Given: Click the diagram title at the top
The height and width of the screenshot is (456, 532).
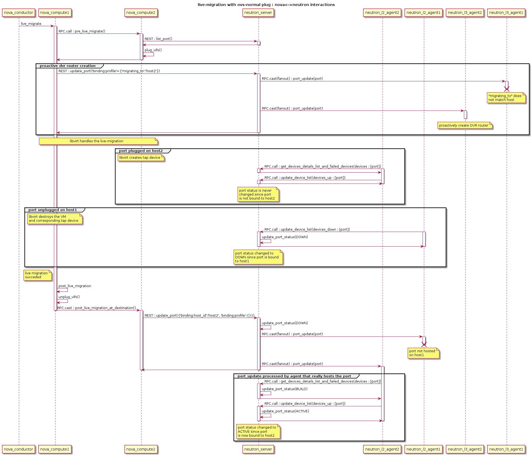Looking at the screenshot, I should click(x=266, y=5).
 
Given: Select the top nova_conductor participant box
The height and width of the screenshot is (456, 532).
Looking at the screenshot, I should click(x=19, y=13).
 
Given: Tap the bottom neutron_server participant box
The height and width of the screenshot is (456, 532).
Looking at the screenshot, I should click(x=258, y=449).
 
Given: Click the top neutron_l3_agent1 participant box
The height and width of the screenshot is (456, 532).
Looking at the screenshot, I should click(x=506, y=13).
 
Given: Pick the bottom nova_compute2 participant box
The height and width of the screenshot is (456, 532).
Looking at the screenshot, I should click(x=141, y=449).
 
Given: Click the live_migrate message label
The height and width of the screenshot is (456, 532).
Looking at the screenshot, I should click(x=31, y=24).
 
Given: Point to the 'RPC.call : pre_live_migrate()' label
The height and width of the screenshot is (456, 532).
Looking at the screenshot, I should click(x=82, y=31).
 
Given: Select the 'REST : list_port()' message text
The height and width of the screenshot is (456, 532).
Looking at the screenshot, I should click(x=158, y=39).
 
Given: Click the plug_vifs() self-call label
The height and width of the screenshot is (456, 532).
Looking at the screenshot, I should click(x=153, y=50).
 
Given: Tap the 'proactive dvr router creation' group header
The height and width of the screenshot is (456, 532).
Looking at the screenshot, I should click(x=68, y=66).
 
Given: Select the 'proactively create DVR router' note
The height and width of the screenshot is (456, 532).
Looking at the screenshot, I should click(x=464, y=126).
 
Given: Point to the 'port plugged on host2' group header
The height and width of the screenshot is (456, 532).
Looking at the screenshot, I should click(x=141, y=151).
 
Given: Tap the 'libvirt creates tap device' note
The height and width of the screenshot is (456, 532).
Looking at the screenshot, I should click(x=141, y=158).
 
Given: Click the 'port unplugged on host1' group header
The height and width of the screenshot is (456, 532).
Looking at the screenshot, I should click(x=53, y=210).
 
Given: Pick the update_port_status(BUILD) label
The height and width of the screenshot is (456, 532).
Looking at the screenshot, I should click(x=285, y=389).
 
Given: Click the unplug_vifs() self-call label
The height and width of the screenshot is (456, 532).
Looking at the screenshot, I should click(x=69, y=297).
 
